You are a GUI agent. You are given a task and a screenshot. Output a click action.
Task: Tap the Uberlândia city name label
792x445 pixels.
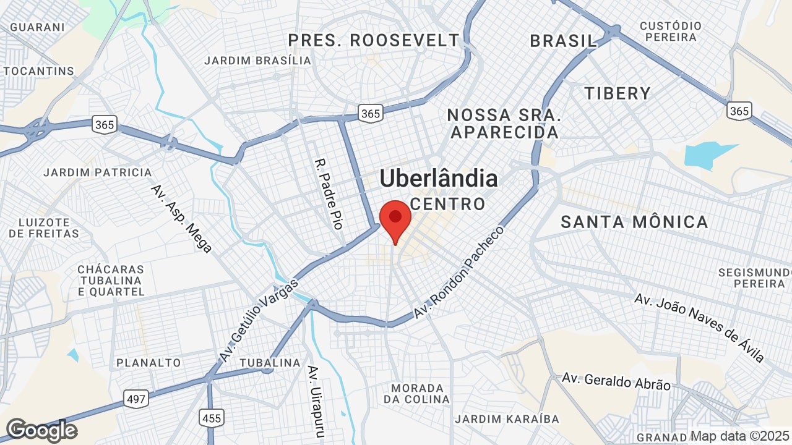click(438, 179)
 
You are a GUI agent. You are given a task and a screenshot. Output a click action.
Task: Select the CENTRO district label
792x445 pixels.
click(448, 204)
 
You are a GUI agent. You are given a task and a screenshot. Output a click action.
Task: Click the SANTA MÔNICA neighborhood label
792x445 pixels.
click(634, 222)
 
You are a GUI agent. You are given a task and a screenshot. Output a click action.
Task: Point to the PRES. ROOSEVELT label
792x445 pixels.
click(374, 41)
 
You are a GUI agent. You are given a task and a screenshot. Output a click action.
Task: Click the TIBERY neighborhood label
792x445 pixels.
click(618, 93)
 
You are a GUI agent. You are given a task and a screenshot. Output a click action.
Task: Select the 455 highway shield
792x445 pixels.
click(211, 418)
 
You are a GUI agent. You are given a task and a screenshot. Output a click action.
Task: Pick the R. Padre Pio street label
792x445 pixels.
click(329, 194)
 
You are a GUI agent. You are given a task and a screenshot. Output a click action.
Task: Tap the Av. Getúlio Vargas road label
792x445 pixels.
click(259, 320)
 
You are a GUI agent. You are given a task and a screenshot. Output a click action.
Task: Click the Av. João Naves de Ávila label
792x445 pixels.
click(699, 328)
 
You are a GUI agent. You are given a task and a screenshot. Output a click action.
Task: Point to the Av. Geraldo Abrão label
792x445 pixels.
click(616, 381)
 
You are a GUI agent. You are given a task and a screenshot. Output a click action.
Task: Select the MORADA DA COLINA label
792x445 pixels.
click(416, 394)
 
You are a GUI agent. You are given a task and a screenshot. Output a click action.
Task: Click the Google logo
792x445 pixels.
click(41, 430)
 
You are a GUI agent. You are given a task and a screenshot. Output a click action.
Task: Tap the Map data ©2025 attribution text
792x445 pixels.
click(739, 436)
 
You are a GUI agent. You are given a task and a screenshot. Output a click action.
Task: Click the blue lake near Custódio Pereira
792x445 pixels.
click(708, 156)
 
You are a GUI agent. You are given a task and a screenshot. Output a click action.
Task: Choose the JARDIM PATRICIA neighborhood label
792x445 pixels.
click(98, 172)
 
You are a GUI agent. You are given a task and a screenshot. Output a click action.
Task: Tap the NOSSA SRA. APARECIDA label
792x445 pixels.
click(504, 124)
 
